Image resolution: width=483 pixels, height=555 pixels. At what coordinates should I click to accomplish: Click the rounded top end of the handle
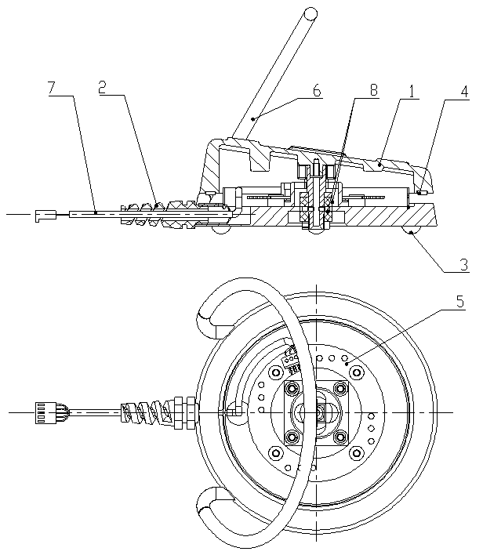(x=311, y=13)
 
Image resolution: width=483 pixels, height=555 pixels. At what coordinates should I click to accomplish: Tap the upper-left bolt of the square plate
(x=293, y=389)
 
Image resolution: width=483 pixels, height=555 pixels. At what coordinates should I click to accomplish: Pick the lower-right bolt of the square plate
(x=340, y=436)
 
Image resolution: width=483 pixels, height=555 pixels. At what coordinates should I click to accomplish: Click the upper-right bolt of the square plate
(x=340, y=389)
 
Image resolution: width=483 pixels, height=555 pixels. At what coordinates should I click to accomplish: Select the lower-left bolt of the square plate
(x=293, y=436)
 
